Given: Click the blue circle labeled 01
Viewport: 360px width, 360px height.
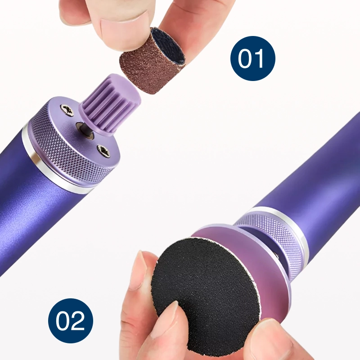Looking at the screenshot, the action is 252,58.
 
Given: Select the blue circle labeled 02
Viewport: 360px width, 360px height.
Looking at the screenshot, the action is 71,321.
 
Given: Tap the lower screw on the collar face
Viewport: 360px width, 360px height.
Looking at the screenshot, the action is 104,150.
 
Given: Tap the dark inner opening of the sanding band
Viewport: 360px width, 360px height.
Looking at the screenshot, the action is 170,46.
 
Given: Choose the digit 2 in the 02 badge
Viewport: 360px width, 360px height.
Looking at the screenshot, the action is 78,321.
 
